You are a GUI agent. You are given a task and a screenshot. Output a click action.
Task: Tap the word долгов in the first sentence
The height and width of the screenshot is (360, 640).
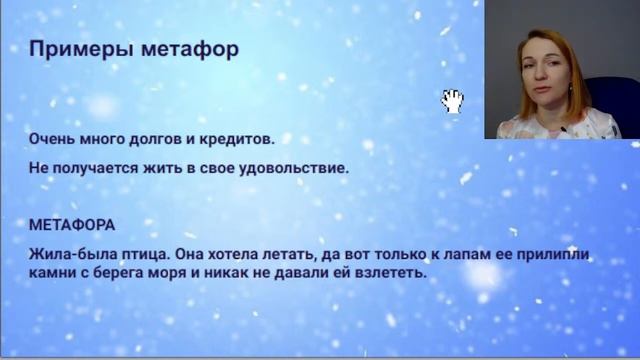[x=152, y=138]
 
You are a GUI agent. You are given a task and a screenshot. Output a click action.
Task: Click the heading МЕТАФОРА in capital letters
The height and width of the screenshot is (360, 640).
[x=71, y=225]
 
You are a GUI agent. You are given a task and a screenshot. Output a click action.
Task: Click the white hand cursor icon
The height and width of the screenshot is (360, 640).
[x=452, y=100]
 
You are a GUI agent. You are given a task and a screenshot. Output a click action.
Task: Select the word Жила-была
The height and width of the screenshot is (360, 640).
[x=65, y=254]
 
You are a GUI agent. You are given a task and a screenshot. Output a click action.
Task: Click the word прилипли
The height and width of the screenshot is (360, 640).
[x=555, y=254]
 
